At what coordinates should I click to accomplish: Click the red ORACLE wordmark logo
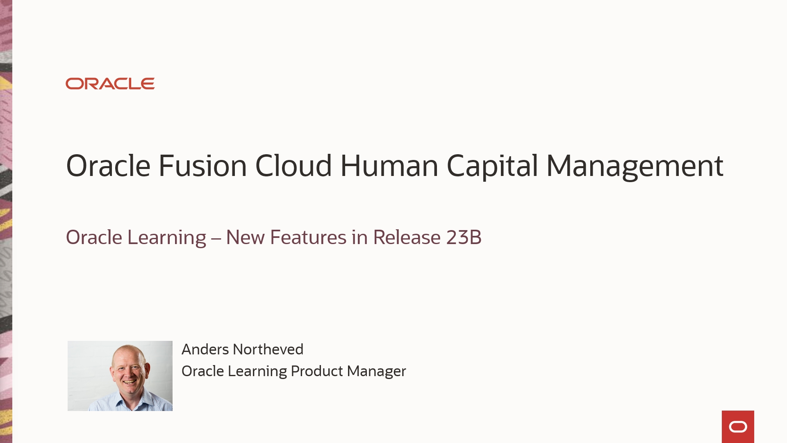point(110,84)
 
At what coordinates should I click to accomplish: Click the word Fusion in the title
point(202,166)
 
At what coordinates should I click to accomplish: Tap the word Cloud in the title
point(293,166)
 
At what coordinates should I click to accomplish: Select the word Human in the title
point(389,166)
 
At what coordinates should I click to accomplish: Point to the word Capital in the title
point(492,166)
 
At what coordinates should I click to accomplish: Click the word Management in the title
point(635,166)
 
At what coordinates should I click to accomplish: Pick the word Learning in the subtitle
point(167,237)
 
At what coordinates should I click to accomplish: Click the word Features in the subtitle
point(308,237)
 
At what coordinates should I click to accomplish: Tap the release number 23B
point(464,237)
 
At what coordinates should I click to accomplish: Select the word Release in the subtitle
point(407,237)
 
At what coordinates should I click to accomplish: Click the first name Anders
point(205,349)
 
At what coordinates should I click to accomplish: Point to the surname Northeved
point(268,349)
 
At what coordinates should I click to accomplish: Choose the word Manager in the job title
point(376,371)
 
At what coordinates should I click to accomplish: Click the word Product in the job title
point(316,371)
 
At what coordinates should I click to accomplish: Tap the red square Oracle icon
point(738,427)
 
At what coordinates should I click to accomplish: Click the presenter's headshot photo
point(120,376)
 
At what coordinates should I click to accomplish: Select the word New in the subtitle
point(245,237)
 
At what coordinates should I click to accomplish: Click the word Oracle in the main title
point(108,166)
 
